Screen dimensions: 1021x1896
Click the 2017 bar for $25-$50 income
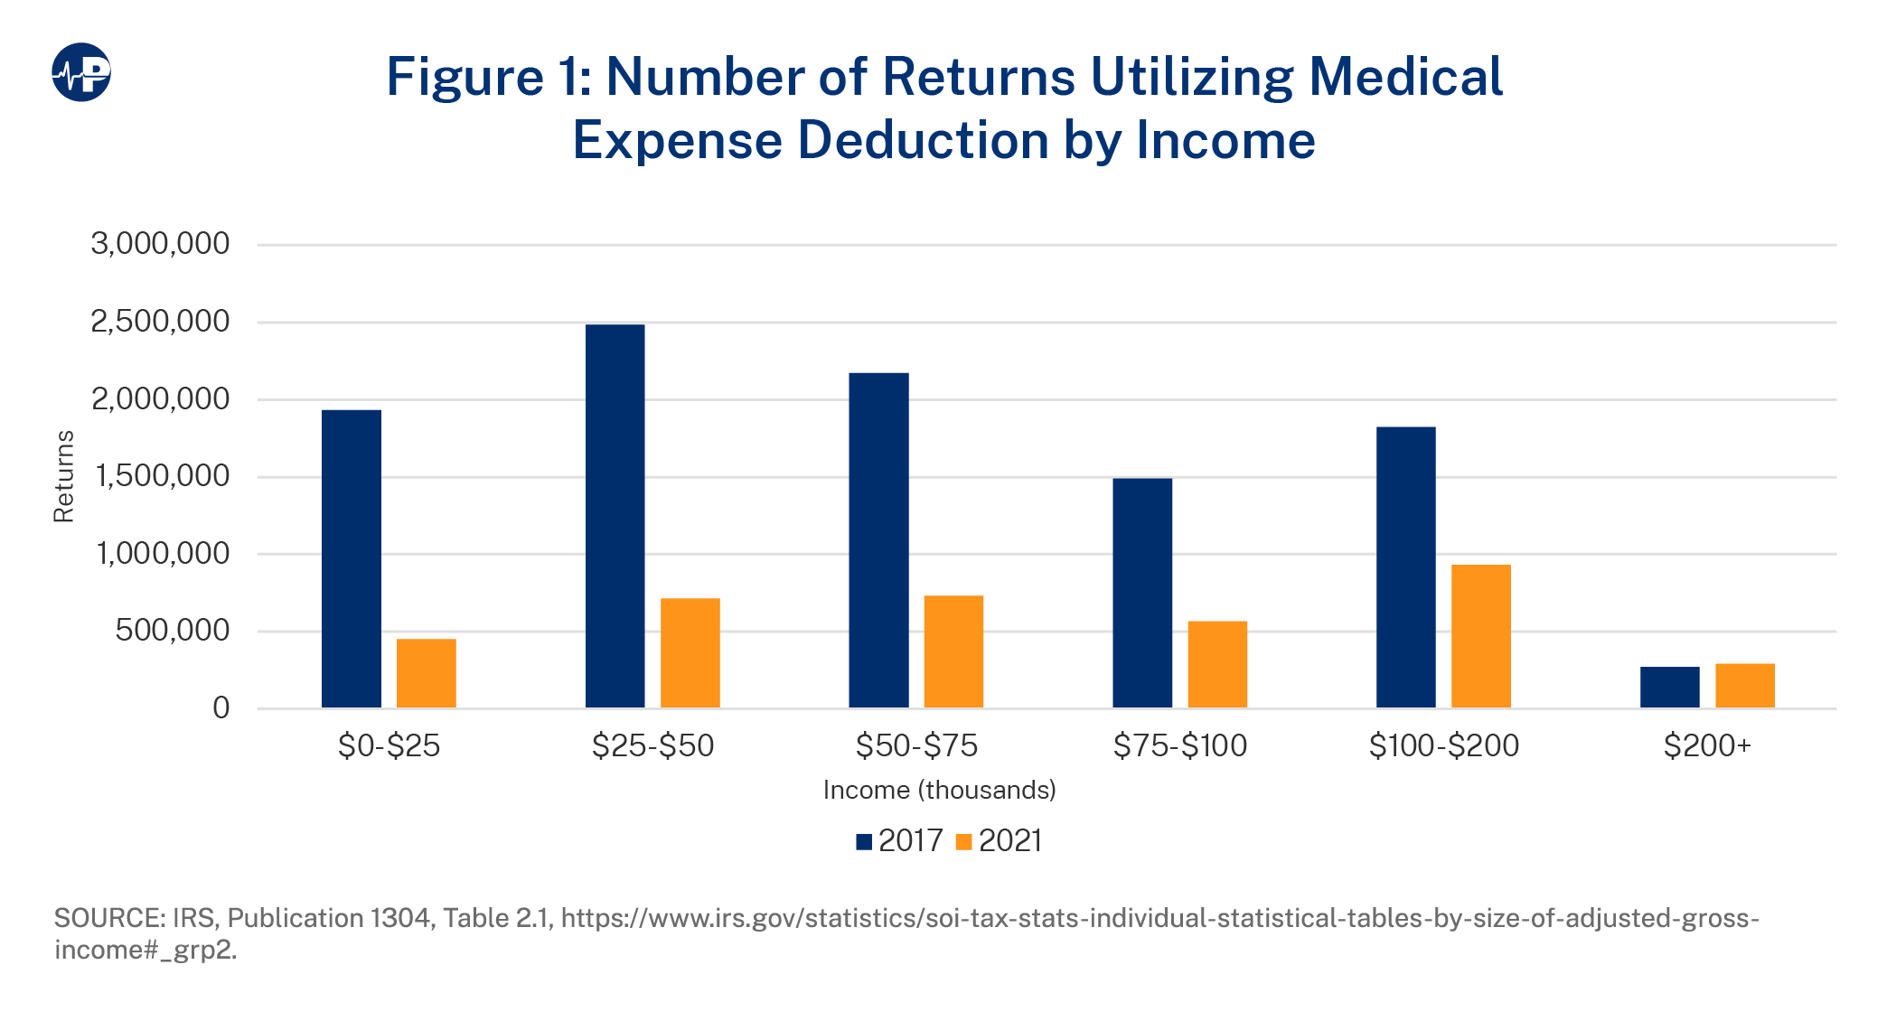(615, 515)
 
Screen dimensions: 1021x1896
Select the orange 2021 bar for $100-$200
(1480, 636)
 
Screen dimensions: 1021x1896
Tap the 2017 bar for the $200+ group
(1669, 688)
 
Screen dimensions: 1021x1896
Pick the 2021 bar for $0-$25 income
(426, 673)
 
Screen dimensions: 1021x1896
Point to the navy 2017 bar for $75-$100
(1141, 593)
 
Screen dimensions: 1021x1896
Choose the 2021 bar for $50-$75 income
(953, 651)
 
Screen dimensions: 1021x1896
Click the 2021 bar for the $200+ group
(1744, 686)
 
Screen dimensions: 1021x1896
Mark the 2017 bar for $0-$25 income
(351, 558)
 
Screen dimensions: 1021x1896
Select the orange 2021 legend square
(964, 842)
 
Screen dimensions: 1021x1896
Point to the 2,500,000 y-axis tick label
(160, 322)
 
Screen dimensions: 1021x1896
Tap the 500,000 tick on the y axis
(172, 631)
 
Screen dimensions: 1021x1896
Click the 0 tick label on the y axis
(221, 708)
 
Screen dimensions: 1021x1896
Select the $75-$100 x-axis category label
(1179, 746)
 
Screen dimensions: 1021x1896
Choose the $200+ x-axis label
(1707, 746)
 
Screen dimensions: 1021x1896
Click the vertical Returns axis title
(63, 476)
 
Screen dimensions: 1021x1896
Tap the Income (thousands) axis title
(939, 791)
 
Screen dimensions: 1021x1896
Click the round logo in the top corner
(81, 72)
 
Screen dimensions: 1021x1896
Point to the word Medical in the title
(1405, 77)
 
